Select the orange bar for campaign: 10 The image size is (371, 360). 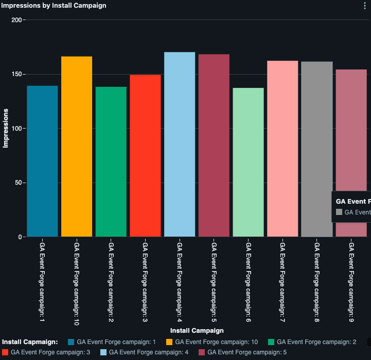point(77,147)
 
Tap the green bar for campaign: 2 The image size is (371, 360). point(111,161)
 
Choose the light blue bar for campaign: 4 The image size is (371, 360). point(180,145)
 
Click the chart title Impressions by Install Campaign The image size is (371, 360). point(54,6)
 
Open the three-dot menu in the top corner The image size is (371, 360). point(365,5)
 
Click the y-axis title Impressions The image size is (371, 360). point(6,128)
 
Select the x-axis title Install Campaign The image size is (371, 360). point(197,330)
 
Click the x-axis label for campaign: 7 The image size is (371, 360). point(282,280)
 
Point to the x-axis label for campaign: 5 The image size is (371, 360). point(214,280)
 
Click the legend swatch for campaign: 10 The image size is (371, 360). point(170,341)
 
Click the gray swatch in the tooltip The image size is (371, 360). point(339,212)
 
